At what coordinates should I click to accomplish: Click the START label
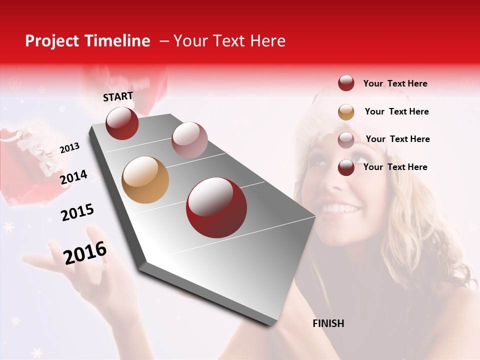click(118, 96)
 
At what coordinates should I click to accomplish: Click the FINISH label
click(328, 323)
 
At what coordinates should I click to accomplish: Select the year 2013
click(69, 148)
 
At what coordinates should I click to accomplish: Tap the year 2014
click(73, 177)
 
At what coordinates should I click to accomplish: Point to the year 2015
click(77, 212)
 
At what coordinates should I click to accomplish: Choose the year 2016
click(85, 252)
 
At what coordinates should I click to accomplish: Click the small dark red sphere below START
click(122, 123)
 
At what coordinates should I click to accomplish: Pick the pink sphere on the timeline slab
click(189, 139)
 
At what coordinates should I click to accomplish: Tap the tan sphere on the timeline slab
click(145, 180)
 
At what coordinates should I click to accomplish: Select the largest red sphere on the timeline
click(216, 207)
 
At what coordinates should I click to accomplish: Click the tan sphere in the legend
click(346, 112)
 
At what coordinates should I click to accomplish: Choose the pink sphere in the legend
click(346, 139)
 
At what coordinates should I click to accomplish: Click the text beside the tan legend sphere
click(396, 111)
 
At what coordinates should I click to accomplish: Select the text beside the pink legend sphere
click(397, 139)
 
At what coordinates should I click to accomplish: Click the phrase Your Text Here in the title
click(229, 41)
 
